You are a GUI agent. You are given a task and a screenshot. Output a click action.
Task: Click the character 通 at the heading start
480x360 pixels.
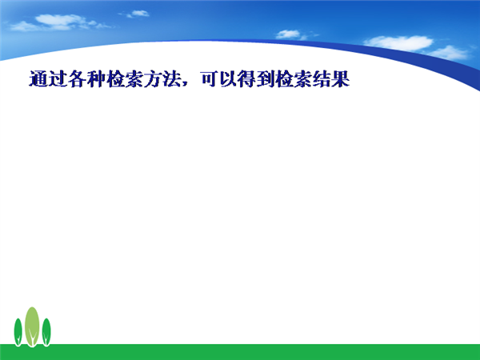click(38, 79)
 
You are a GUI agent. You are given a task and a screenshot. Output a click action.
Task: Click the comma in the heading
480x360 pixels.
click(185, 83)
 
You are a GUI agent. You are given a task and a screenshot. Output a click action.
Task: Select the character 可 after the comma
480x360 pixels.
click(210, 79)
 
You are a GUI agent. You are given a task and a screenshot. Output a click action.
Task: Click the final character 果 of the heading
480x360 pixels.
click(341, 79)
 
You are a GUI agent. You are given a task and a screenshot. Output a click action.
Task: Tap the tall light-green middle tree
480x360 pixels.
click(32, 326)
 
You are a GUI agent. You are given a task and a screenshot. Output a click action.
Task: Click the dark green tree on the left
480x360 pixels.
click(18, 332)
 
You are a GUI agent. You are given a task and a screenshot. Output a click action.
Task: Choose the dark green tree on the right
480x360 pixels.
click(46, 332)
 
